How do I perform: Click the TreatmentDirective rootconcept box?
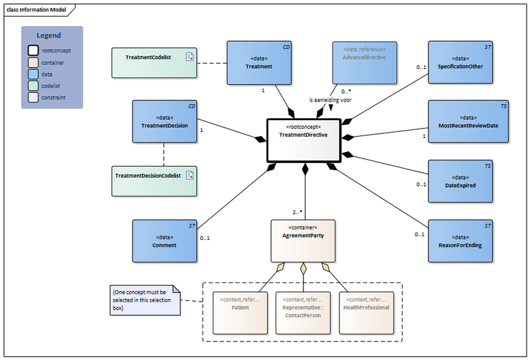304,140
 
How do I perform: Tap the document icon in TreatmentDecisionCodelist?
189,175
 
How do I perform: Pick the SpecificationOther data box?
460,62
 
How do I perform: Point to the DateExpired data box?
460,180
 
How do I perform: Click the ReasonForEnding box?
460,241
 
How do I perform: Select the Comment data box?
165,241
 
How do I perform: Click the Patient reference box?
240,312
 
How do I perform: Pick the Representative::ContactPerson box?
303,312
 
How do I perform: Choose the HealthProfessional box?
366,312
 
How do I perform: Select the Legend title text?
48,36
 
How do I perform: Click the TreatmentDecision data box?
165,121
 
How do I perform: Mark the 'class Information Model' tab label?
37,9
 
